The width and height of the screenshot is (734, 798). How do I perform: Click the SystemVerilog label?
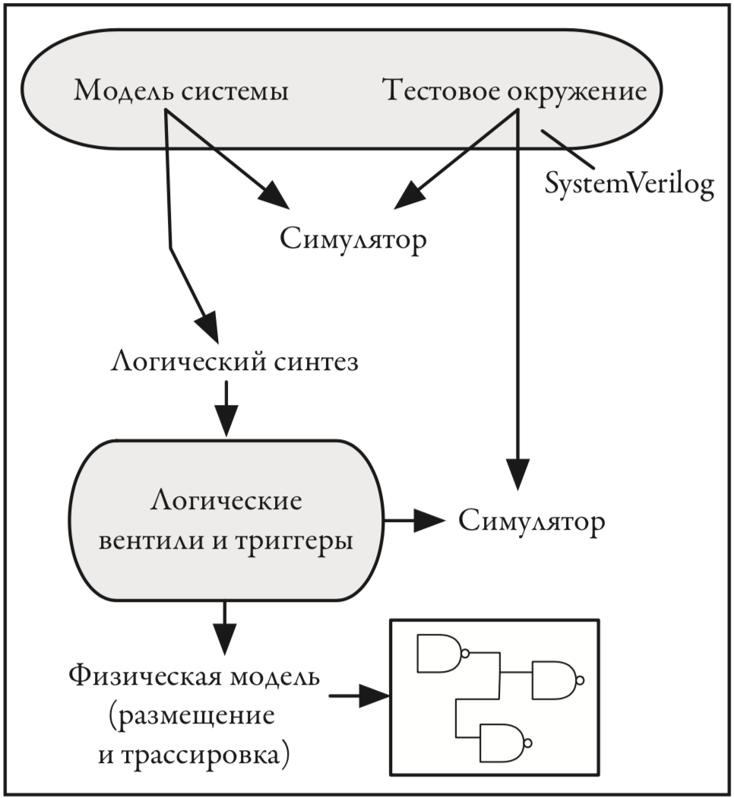pos(629,184)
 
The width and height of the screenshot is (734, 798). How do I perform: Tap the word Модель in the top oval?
pos(123,91)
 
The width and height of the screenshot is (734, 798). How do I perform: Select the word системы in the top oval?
pos(235,92)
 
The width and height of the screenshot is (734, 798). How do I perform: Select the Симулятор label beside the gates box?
pos(532,521)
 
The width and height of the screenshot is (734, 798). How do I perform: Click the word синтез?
pos(316,363)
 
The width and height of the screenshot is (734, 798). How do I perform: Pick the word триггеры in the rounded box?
pos(294,541)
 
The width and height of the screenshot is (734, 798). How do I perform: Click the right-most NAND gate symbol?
pos(558,680)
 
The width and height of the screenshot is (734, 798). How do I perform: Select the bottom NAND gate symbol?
pos(506,742)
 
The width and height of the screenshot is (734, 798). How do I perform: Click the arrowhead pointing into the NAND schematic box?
pos(375,695)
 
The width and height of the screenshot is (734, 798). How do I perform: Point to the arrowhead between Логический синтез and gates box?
pos(226,420)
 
